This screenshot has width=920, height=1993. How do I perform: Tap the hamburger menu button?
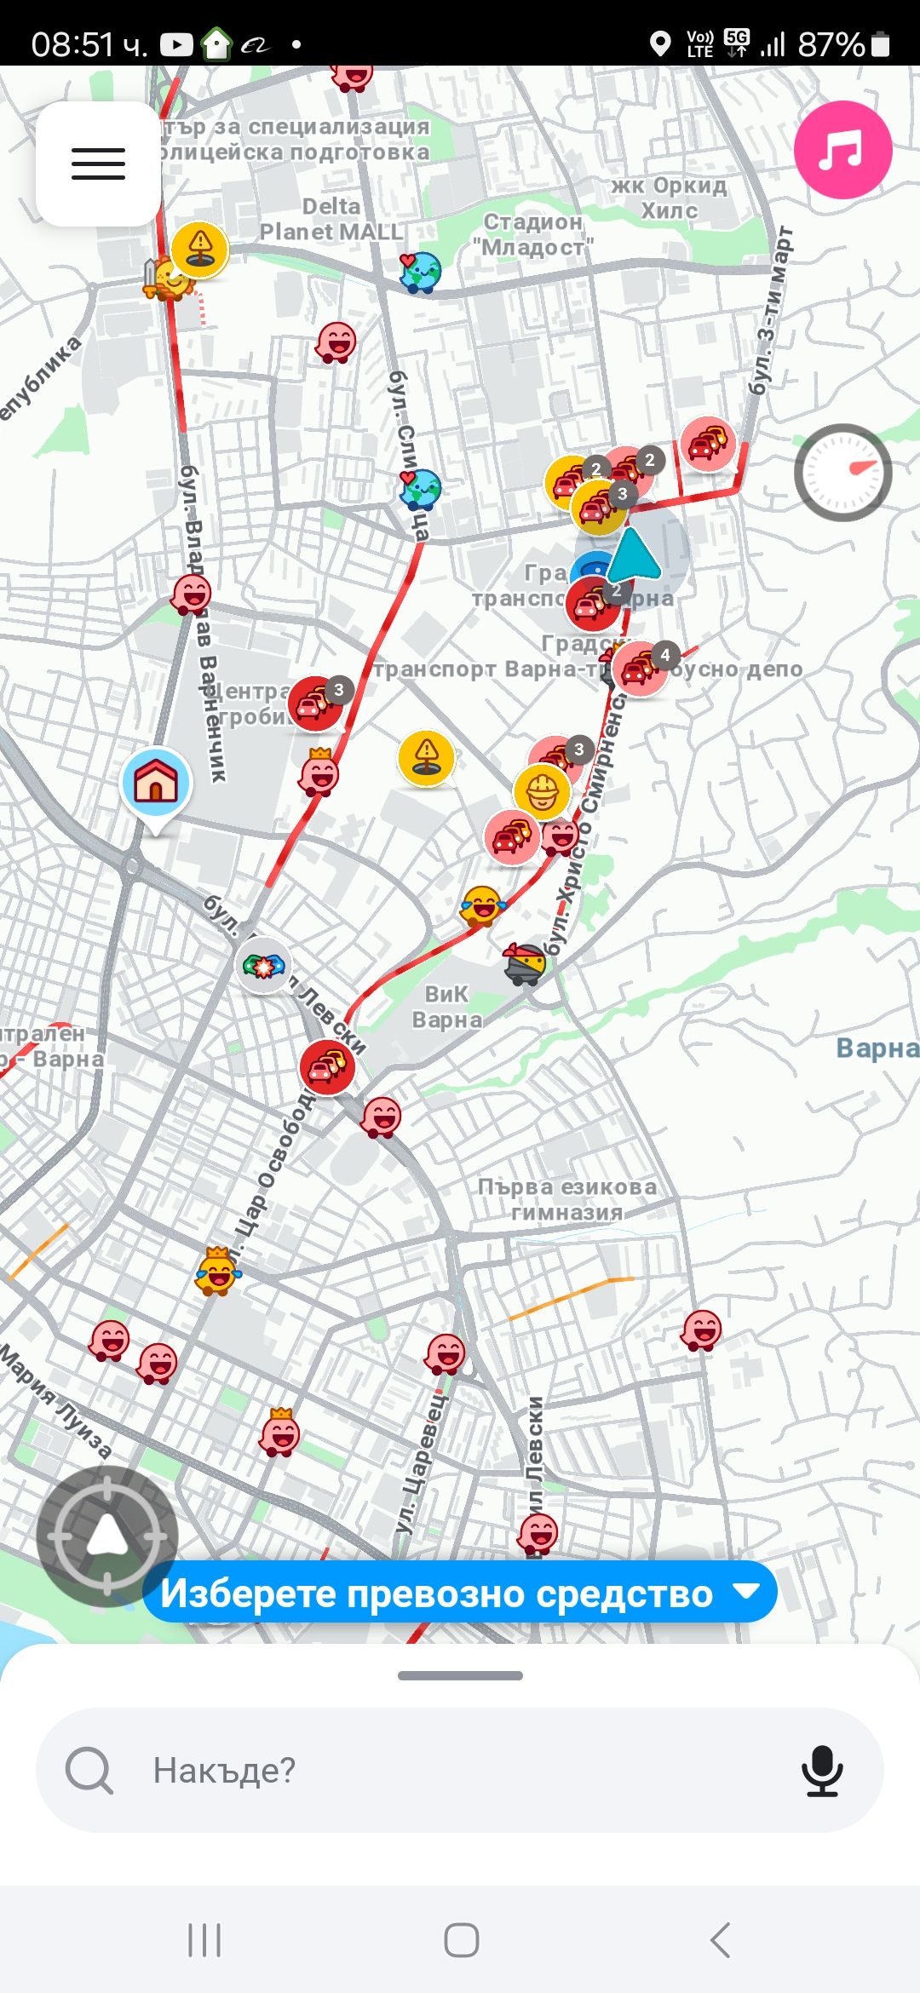pos(98,164)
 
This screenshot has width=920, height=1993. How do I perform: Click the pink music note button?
pos(842,150)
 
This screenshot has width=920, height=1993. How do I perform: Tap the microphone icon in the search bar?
pos(822,1770)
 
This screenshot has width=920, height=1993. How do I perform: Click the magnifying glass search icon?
pos(89,1770)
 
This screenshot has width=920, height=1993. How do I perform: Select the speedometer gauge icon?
pos(842,473)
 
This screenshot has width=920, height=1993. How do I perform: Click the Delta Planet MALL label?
pos(331,219)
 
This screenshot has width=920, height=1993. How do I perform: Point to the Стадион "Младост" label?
pos(533,234)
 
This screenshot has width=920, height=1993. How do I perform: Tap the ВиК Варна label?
pos(446,1007)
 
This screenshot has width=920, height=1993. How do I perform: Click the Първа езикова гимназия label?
pos(566,1198)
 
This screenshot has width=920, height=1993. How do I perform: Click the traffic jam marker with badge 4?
pos(641,669)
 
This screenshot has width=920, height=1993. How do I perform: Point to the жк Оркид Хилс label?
pos(670,198)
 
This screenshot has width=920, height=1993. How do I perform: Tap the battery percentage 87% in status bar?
pos(831,44)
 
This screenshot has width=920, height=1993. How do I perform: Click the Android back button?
pos(720,1939)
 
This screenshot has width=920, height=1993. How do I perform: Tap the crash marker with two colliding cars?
pos(263,966)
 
